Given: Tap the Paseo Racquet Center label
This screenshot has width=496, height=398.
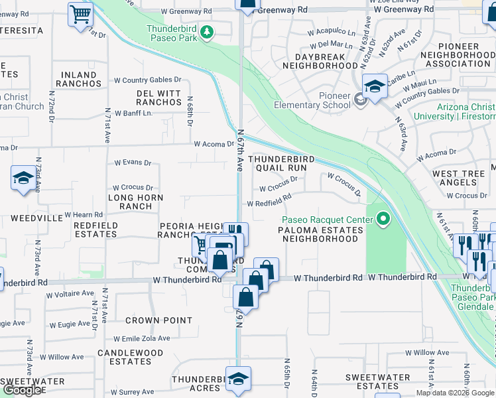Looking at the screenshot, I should (x=322, y=220).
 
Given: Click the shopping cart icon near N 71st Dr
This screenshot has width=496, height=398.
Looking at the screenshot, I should (x=81, y=13).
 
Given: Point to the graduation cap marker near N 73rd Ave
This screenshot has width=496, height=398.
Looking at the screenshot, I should (x=23, y=178).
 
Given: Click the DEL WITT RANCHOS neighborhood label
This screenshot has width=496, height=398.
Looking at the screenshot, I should (x=159, y=98).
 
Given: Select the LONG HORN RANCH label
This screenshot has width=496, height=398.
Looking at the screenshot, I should (x=135, y=202).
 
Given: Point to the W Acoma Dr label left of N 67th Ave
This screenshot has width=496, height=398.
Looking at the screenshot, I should (x=215, y=144).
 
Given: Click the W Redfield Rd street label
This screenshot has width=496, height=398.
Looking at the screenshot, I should (x=269, y=200).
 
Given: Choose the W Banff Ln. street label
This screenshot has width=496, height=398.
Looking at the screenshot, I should (x=133, y=113).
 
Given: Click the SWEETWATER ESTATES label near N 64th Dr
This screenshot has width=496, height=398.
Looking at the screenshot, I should (x=372, y=381).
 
